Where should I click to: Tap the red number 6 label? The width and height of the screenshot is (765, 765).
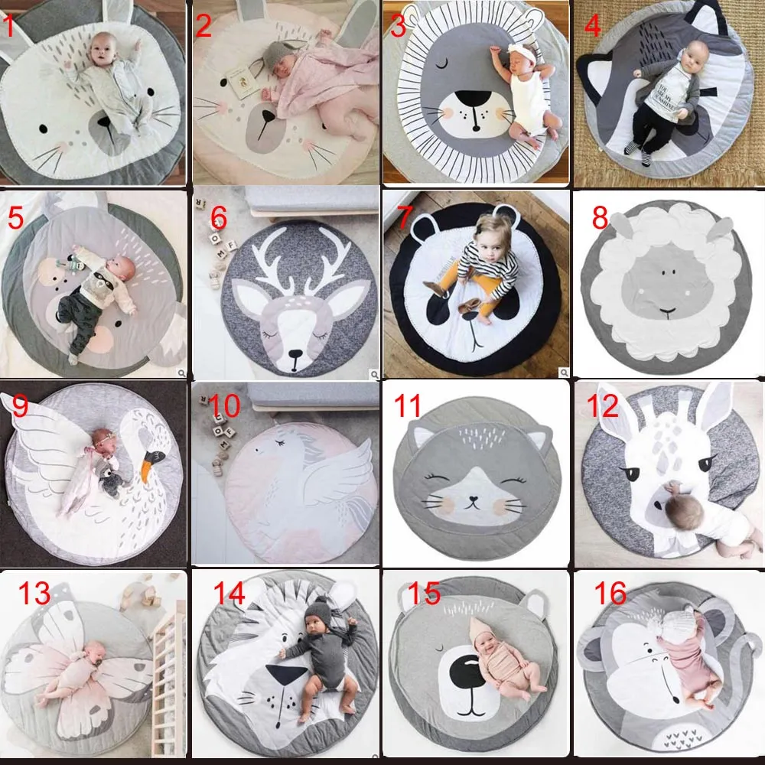(x=220, y=220)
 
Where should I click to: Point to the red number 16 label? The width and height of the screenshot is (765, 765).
(x=609, y=593)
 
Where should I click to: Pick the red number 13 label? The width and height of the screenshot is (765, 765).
(x=34, y=593)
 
